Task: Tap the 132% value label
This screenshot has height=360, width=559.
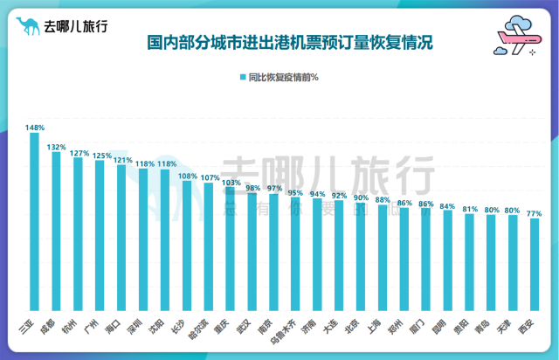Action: point(56,147)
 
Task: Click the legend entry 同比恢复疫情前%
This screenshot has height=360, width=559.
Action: point(279,78)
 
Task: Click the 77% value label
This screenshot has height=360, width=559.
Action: point(534,213)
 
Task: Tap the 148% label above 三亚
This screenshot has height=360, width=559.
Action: point(35,128)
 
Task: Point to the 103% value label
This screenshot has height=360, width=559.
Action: point(230,183)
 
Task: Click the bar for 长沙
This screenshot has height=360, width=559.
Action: point(186,250)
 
